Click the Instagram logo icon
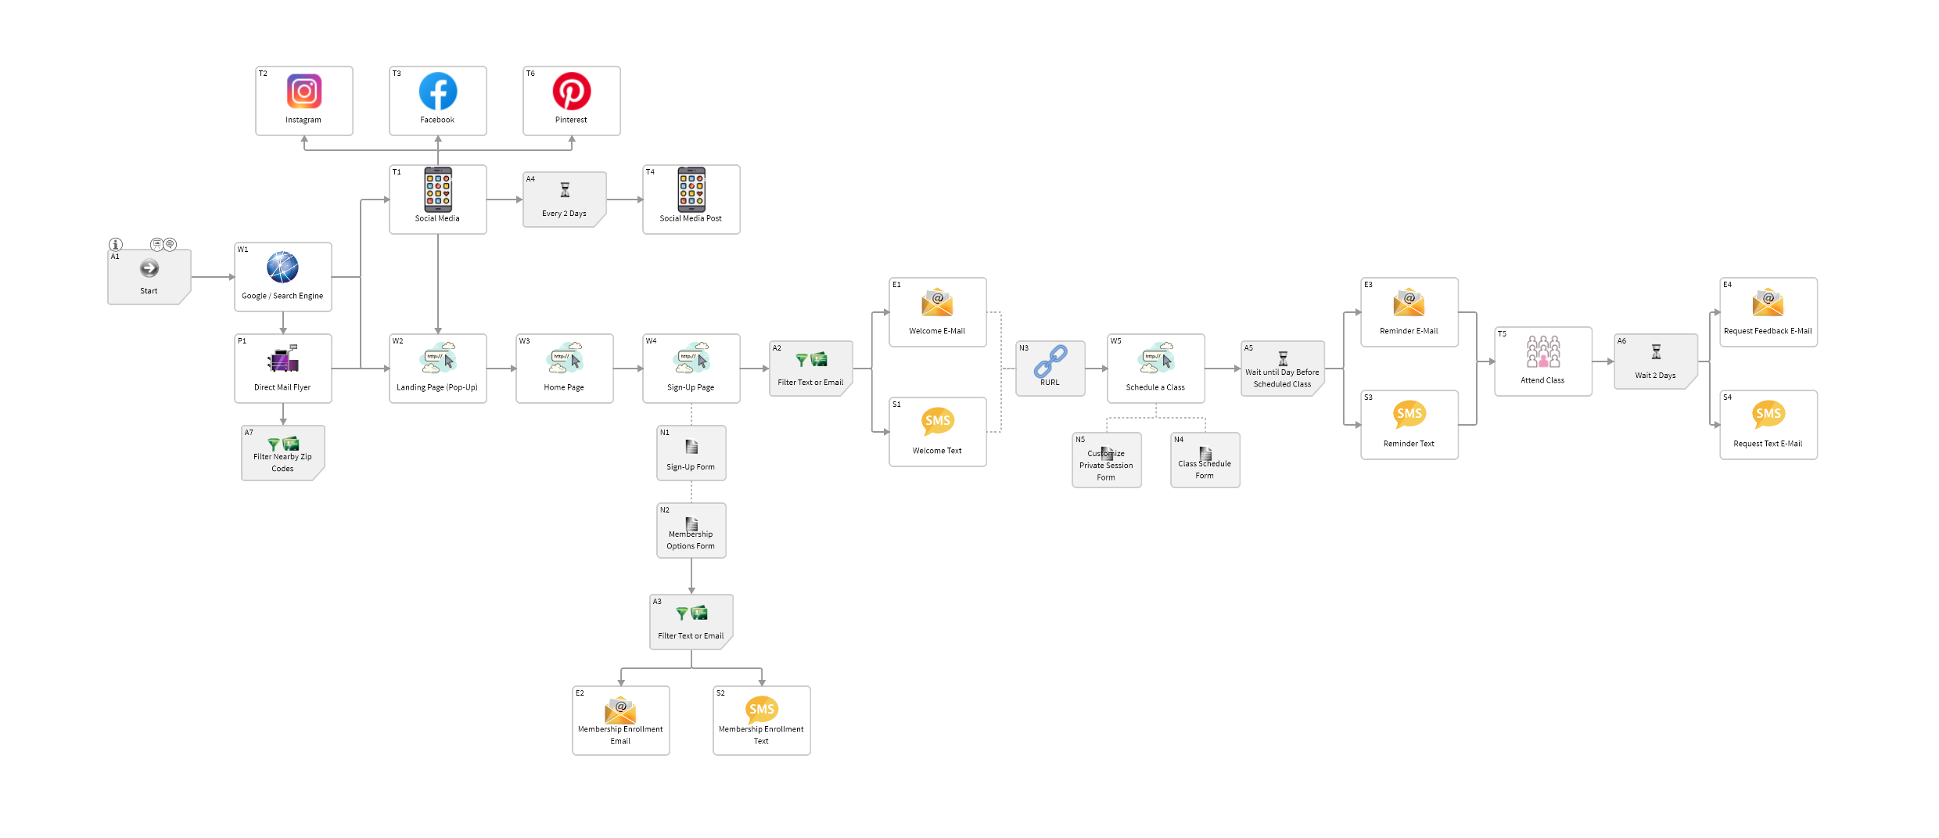tap(304, 92)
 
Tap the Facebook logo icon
tap(438, 92)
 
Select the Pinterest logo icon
tap(572, 92)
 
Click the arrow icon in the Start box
tap(149, 268)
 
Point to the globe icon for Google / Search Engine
tap(282, 268)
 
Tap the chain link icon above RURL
tap(1050, 361)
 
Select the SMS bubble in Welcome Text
tap(938, 421)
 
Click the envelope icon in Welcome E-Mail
tap(937, 302)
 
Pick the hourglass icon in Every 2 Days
tap(565, 190)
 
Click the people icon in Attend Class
tap(1543, 352)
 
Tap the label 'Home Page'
tap(564, 387)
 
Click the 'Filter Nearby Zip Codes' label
tap(282, 462)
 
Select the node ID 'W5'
tap(1116, 341)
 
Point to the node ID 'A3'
tap(657, 602)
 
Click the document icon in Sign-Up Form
tap(691, 447)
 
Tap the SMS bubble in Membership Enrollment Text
tap(762, 710)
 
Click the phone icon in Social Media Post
tap(691, 190)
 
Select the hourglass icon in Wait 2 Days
tap(1656, 352)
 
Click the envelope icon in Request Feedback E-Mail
tap(1768, 302)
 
